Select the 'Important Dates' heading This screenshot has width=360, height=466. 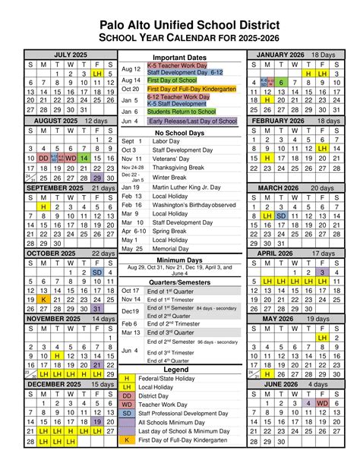click(179, 58)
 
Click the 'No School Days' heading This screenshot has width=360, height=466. click(179, 133)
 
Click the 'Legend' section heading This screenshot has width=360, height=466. click(179, 369)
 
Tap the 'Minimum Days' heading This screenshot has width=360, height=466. click(179, 260)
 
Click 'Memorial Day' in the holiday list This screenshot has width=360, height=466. click(167, 249)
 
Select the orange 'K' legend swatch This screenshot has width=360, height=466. click(126, 439)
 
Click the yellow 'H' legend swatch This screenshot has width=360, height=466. click(126, 378)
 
